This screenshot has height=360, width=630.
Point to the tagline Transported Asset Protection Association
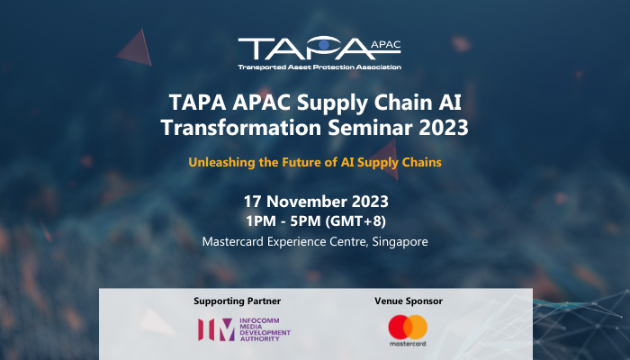(319, 67)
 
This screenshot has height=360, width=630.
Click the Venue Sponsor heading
(407, 301)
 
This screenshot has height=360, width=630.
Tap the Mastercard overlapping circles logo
(407, 326)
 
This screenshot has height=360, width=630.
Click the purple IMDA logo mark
(215, 329)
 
